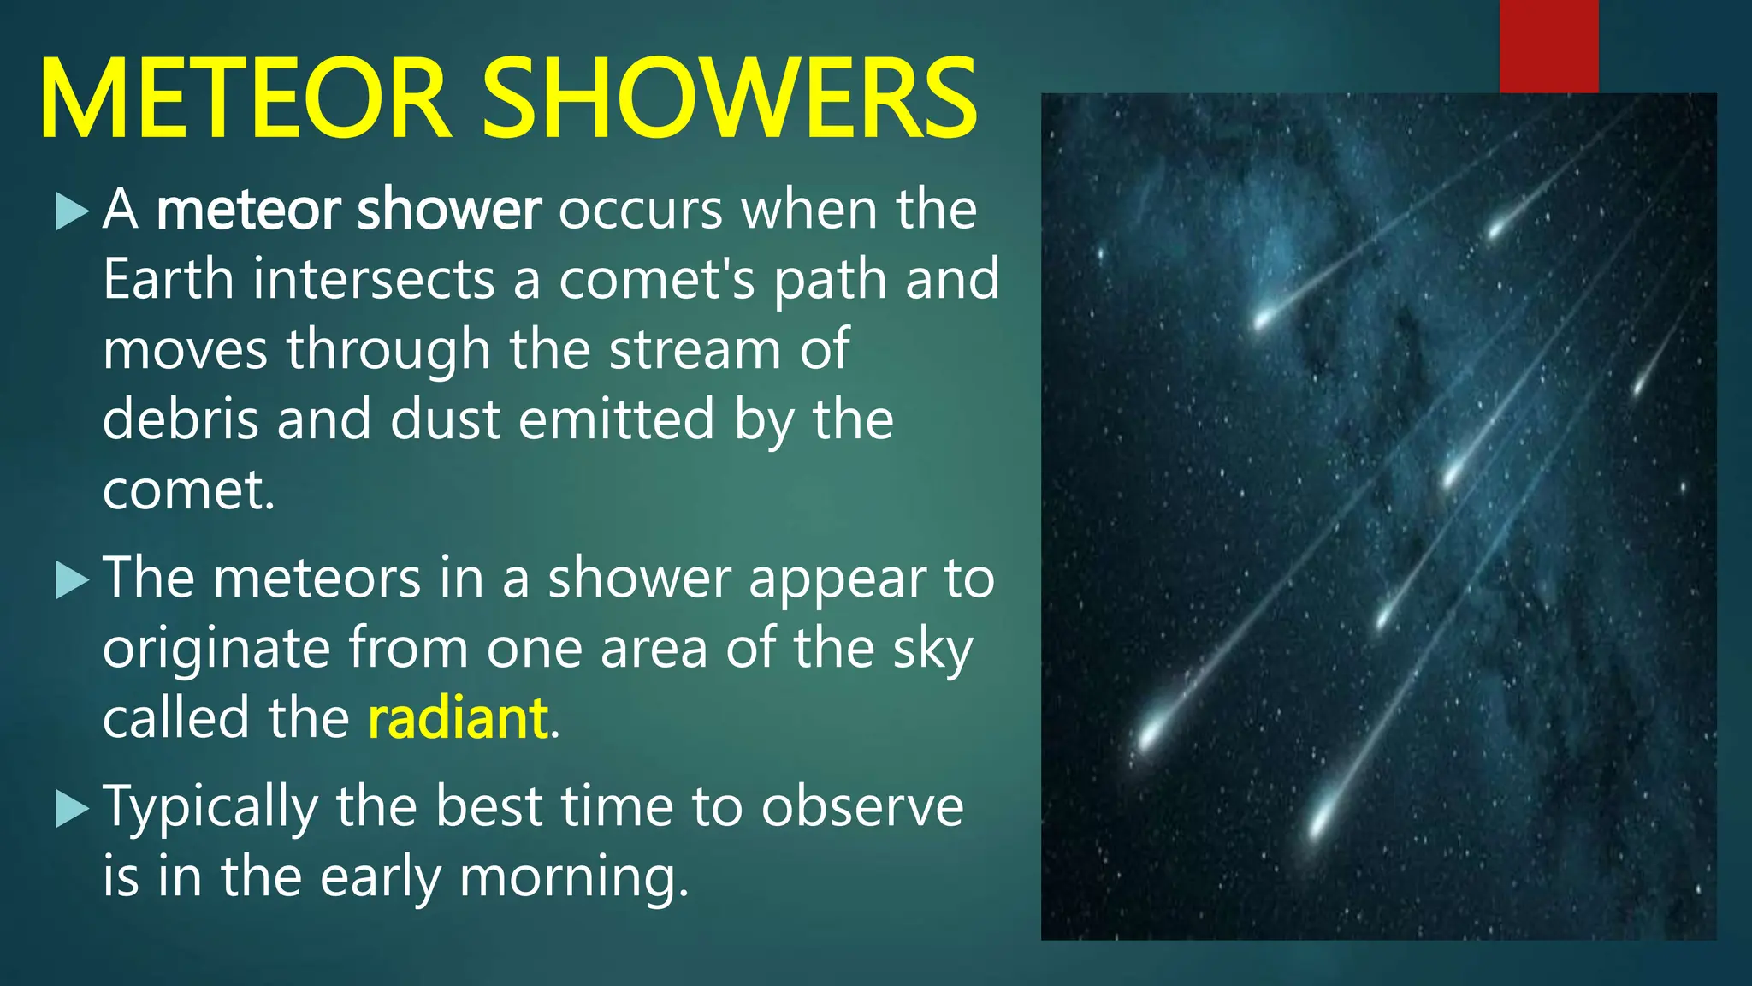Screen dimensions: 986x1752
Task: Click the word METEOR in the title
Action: tap(244, 98)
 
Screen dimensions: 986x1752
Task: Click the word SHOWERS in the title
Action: tap(729, 98)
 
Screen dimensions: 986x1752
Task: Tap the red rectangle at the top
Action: tap(1548, 46)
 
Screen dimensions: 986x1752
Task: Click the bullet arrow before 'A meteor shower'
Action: tap(72, 211)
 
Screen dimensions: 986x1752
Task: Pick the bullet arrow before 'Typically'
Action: tap(72, 808)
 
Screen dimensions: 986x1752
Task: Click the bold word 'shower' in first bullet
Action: tap(448, 210)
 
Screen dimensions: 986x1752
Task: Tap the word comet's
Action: tap(657, 281)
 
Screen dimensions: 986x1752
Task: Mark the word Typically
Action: tap(210, 810)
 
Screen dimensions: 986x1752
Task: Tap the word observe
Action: tap(862, 808)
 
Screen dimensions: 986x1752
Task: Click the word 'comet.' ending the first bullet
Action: tap(188, 491)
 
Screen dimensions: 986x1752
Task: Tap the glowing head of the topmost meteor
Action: tap(1497, 227)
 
